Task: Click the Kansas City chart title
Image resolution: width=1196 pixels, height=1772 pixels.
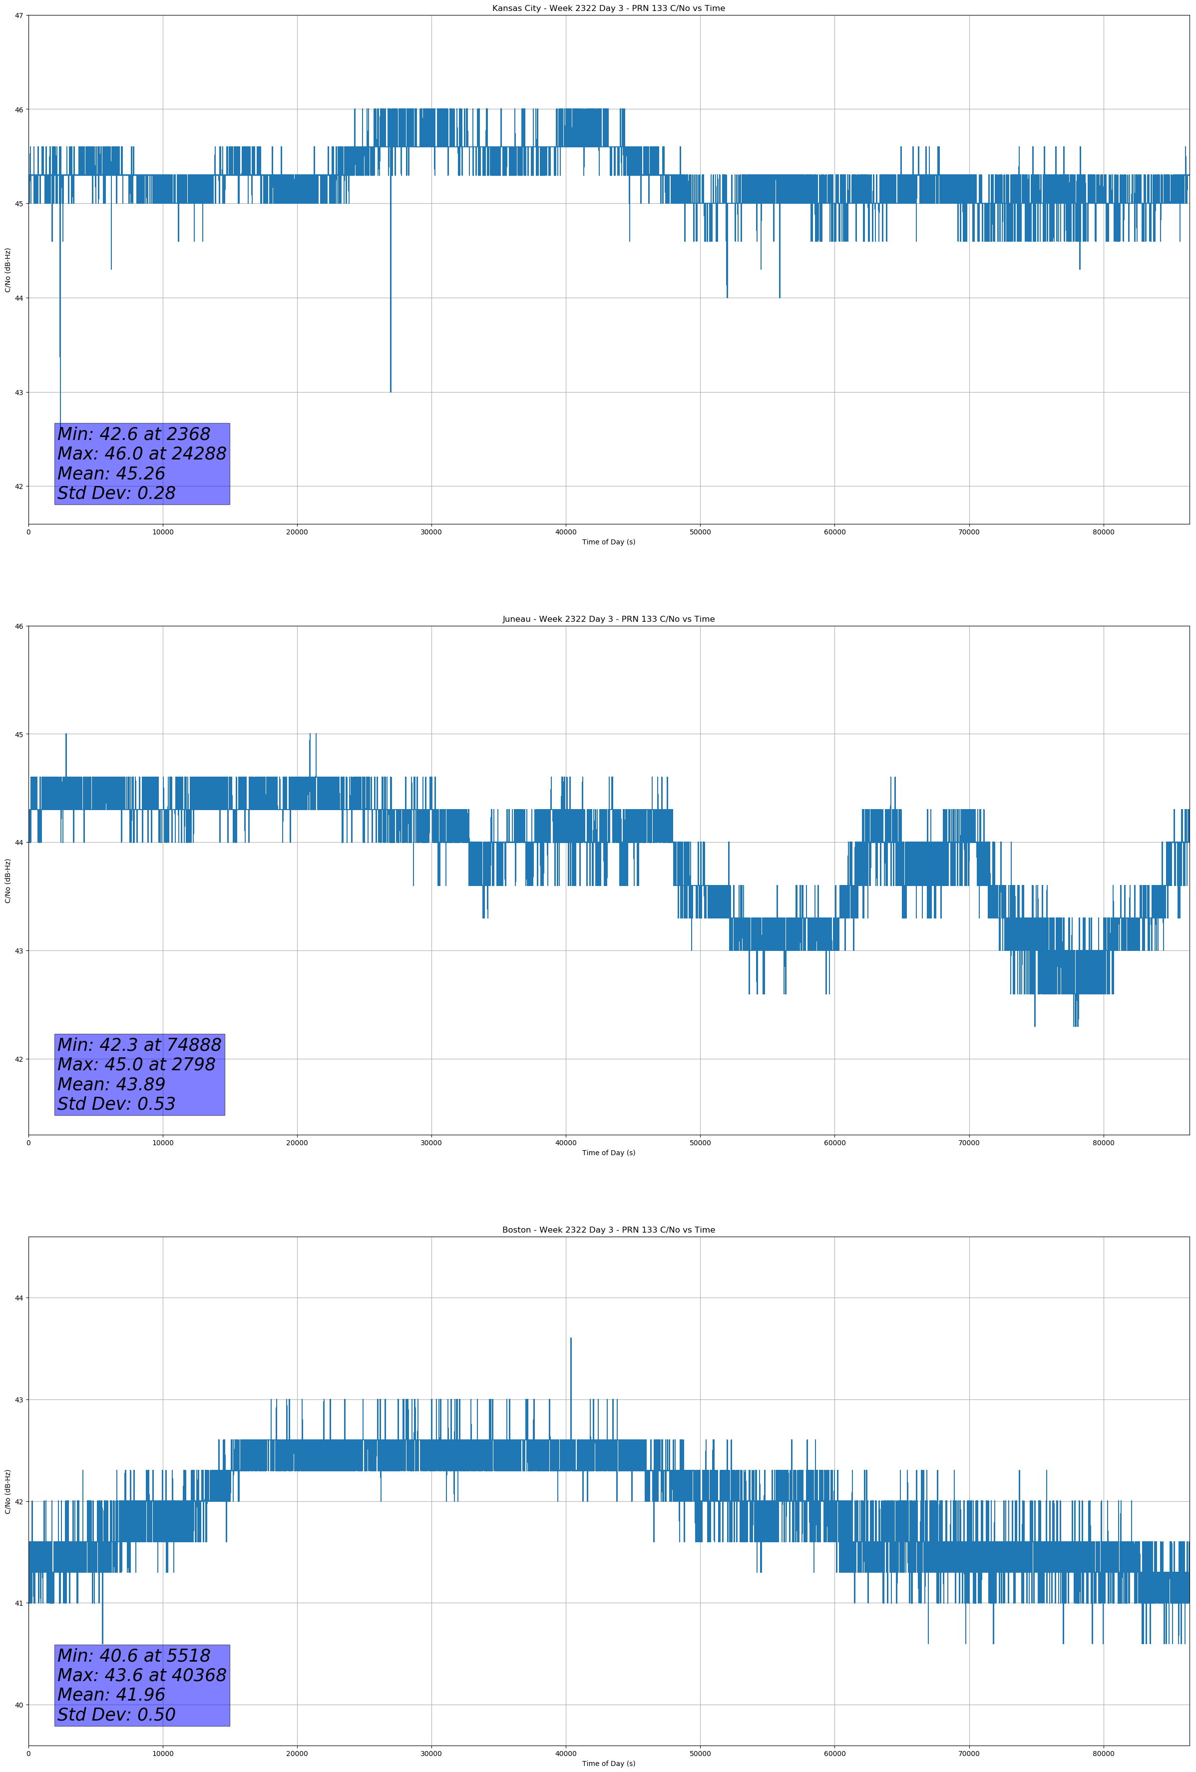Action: [608, 8]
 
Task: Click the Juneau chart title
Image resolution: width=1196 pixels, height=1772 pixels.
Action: [608, 619]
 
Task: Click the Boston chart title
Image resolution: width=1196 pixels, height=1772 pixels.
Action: [608, 1230]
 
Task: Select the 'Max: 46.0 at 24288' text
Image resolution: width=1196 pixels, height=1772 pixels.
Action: [142, 453]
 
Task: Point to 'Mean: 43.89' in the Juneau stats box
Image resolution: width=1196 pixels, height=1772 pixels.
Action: [111, 1084]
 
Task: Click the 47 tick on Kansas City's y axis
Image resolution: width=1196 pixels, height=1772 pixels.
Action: [19, 15]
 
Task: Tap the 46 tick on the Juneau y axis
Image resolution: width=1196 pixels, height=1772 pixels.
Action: [19, 626]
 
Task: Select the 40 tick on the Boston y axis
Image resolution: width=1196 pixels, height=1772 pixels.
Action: [19, 1705]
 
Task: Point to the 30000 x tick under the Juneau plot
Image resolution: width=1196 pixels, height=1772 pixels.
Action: [431, 1143]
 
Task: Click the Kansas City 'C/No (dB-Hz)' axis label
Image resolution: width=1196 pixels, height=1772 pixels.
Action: [8, 270]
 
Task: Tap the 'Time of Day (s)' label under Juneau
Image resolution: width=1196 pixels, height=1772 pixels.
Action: [608, 1153]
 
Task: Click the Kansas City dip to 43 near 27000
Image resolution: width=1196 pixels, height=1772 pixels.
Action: [391, 389]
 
